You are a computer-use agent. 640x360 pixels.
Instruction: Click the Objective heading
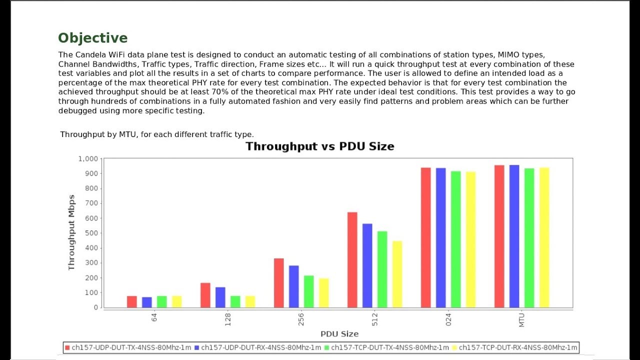tap(93, 38)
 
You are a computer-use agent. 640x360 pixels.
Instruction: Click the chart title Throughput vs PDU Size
tap(319, 146)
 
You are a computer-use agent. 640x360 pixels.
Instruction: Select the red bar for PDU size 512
tap(352, 260)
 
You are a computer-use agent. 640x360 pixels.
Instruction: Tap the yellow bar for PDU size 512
tap(397, 274)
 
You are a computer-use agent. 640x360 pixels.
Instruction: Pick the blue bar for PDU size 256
tap(293, 286)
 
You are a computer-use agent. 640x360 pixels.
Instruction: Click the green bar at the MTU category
tap(529, 238)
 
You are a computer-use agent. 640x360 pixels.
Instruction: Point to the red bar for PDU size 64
tap(131, 302)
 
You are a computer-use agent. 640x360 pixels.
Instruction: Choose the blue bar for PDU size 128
tap(220, 297)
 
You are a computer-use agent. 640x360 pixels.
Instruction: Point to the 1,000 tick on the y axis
tap(88, 159)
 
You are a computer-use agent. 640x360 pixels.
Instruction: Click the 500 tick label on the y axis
tap(91, 233)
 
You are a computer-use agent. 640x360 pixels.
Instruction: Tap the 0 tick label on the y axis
tap(96, 307)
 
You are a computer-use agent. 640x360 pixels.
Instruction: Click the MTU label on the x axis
tap(521, 320)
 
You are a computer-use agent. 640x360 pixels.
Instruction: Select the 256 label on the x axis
tap(301, 319)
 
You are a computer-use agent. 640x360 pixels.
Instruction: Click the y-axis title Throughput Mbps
tap(71, 232)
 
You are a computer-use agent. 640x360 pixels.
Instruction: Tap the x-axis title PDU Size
tap(339, 334)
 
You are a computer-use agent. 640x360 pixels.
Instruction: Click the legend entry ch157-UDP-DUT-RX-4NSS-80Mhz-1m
tap(257, 347)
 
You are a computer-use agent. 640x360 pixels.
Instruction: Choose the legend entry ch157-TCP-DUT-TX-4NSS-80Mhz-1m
tap(387, 347)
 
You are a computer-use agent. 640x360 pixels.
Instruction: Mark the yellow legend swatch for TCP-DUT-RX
tap(454, 347)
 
